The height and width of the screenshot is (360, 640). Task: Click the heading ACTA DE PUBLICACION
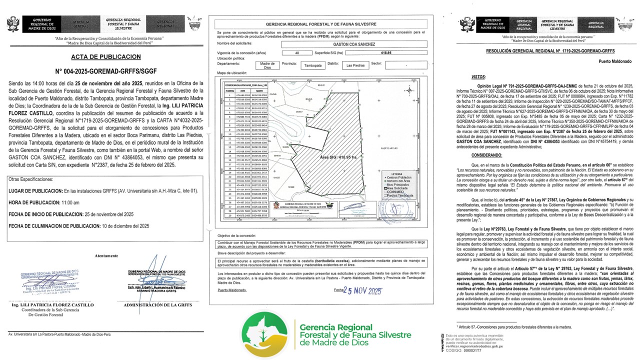coord(106,56)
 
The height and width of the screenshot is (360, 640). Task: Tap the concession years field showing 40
coord(297,52)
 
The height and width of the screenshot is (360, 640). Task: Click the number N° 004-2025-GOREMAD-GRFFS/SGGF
coord(106,71)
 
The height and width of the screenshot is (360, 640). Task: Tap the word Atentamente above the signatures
coord(107,255)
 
